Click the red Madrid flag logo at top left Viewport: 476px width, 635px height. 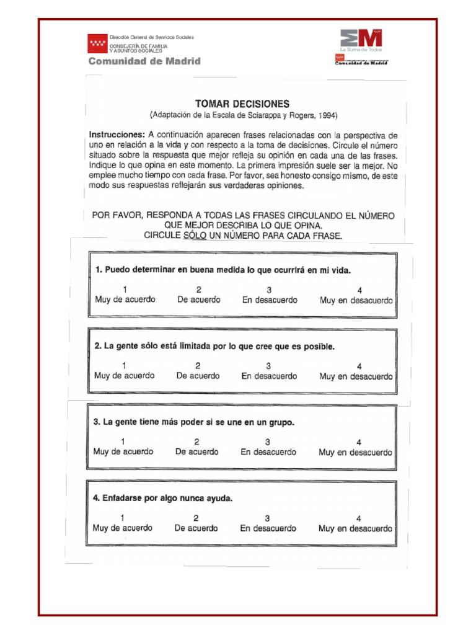click(97, 43)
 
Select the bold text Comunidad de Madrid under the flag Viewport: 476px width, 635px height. click(144, 61)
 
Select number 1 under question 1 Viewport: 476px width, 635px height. click(125, 290)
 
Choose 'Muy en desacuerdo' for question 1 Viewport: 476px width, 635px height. click(356, 300)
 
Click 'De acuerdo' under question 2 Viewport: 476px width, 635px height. click(198, 376)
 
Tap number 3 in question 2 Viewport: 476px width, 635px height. click(268, 366)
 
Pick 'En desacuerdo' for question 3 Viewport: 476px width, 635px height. click(268, 452)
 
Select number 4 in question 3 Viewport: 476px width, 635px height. click(359, 442)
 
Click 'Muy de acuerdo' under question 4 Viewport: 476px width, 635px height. click(122, 528)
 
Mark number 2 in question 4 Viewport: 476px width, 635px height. click(196, 518)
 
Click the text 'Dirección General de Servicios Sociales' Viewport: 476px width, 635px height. click(152, 37)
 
